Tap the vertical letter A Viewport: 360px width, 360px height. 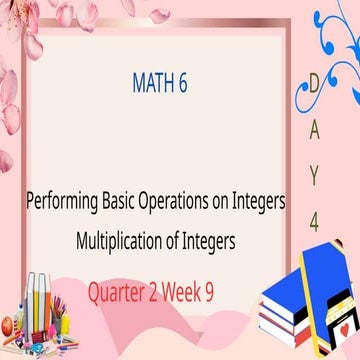[x=313, y=130]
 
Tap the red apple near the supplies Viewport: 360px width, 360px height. [x=8, y=326]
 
